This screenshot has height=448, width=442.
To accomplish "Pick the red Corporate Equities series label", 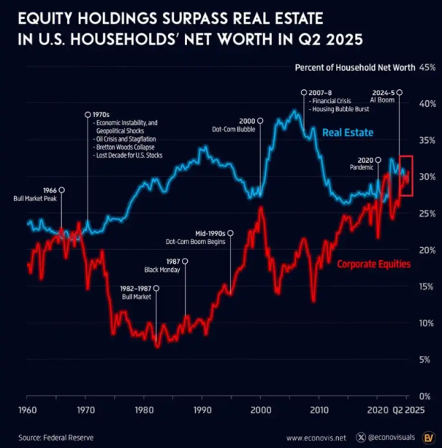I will [373, 263].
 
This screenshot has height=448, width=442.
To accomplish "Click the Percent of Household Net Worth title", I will [354, 67].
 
